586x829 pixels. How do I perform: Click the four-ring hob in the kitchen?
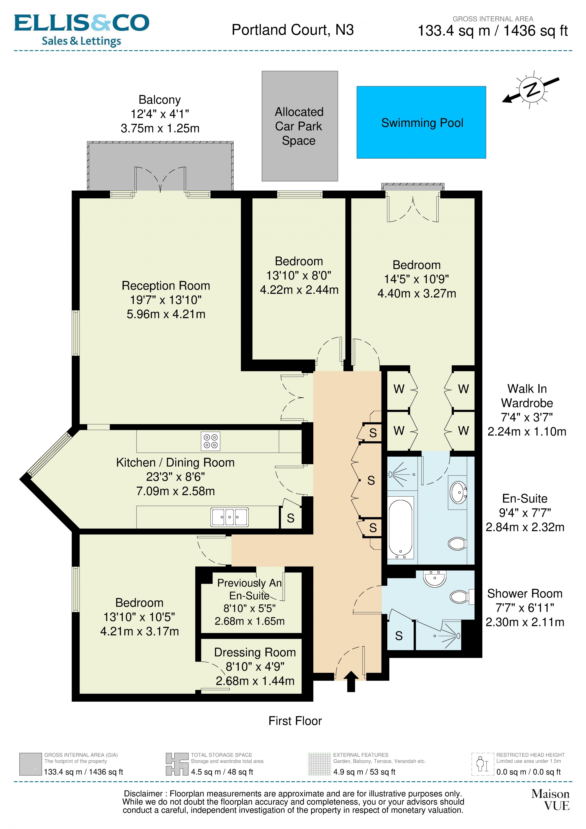(210, 441)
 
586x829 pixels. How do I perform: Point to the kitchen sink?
(229, 517)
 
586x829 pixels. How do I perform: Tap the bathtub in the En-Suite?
(401, 527)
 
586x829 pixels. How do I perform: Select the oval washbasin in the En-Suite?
(458, 491)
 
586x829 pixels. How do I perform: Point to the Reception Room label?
(166, 286)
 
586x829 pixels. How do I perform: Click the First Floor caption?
(295, 721)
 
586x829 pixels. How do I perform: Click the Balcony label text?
(160, 100)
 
